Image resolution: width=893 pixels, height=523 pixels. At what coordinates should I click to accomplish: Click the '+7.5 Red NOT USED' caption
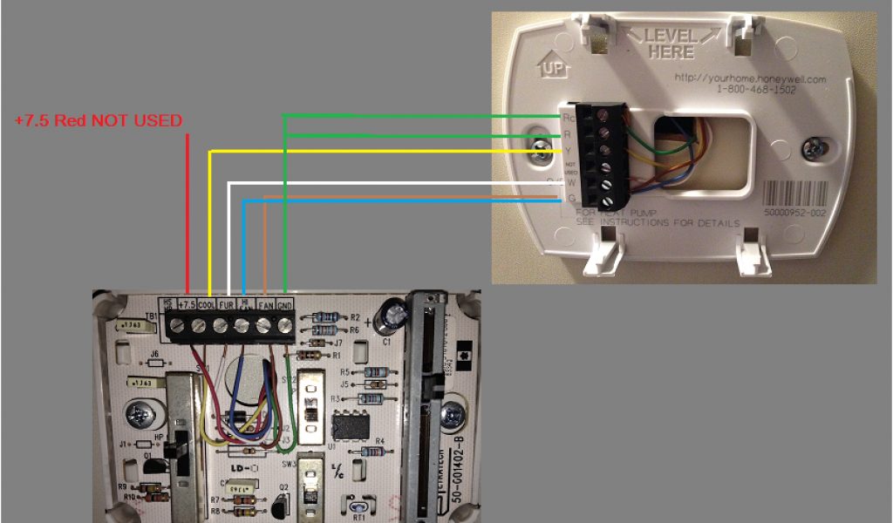[x=99, y=121]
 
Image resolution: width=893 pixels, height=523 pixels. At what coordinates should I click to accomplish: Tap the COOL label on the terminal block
[x=208, y=304]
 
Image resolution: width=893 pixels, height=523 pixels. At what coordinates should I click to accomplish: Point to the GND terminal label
[x=285, y=304]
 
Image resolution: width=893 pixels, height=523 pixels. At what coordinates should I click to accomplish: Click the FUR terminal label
[x=226, y=304]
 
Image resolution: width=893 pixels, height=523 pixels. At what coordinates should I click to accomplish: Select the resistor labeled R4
[x=370, y=452]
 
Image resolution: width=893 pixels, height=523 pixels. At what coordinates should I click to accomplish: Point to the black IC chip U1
[x=349, y=427]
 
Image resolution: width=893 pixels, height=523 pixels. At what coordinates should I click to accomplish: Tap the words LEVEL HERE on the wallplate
[x=671, y=43]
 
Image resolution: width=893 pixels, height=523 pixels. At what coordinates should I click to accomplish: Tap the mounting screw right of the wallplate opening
[x=815, y=146]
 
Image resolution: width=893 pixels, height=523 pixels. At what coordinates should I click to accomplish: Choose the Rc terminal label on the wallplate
[x=569, y=117]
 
